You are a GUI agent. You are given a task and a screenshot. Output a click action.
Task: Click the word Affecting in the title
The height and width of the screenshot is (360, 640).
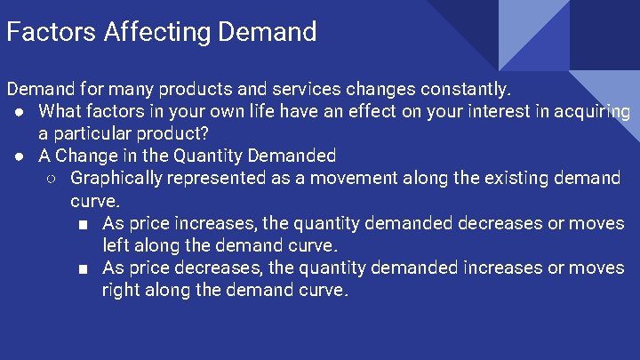click(x=156, y=33)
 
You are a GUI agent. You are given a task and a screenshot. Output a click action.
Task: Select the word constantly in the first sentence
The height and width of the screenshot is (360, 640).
click(x=466, y=89)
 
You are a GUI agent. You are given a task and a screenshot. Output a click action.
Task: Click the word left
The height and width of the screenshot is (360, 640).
click(x=116, y=245)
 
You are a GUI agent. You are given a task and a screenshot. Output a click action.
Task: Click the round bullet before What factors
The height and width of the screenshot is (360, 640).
click(x=20, y=112)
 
